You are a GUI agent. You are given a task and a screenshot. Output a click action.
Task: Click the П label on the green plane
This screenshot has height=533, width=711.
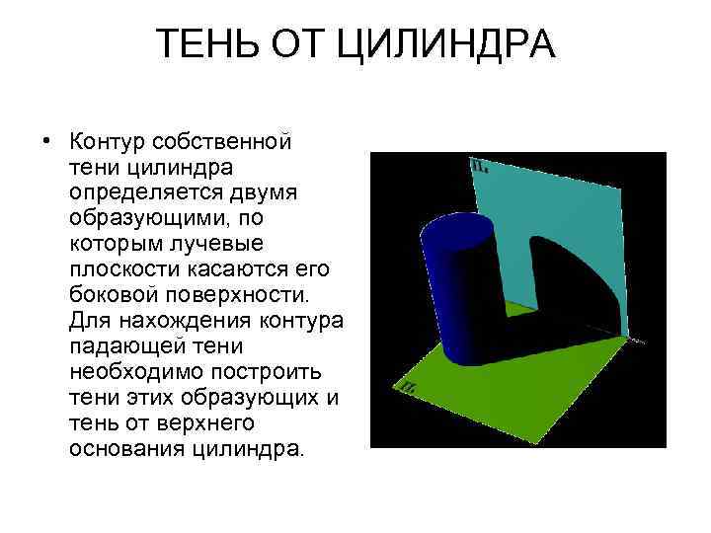(x=407, y=386)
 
